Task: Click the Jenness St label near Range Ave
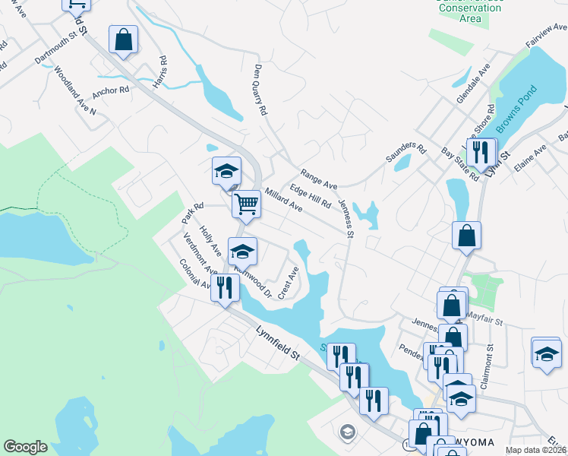coord(346,217)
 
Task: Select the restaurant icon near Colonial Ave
coord(224,287)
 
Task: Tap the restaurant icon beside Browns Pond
coord(481,152)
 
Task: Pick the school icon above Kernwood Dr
coord(242,251)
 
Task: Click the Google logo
coord(25,447)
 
